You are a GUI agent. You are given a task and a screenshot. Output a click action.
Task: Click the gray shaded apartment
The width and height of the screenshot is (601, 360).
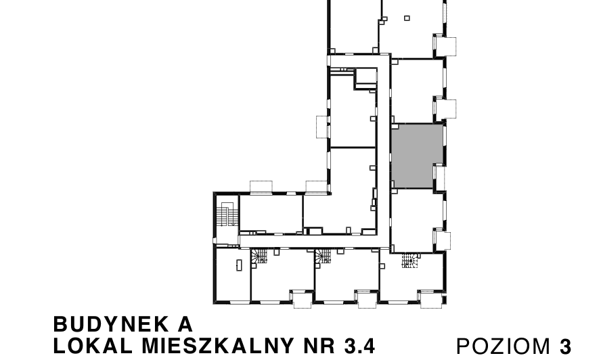(417, 156)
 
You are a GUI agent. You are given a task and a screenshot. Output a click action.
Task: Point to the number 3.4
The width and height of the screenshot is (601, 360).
(359, 346)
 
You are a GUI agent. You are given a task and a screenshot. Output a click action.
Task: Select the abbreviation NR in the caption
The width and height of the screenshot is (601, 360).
(318, 346)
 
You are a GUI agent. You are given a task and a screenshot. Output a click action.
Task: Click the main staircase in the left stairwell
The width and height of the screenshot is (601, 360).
(227, 216)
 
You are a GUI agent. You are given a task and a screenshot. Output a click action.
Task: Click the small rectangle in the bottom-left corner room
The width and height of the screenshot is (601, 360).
(239, 265)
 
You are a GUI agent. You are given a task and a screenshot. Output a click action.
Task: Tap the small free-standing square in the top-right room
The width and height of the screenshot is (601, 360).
(407, 18)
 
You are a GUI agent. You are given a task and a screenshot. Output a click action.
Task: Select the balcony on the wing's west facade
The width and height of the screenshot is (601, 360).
(321, 127)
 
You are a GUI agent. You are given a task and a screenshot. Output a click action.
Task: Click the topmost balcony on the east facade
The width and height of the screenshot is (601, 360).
(447, 45)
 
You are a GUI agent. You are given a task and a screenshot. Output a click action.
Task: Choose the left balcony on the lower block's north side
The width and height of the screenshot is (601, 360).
(261, 187)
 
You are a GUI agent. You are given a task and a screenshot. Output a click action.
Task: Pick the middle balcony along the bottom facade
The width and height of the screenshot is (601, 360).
(365, 298)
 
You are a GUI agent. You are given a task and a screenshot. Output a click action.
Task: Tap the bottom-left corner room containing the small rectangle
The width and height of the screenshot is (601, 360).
(232, 274)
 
